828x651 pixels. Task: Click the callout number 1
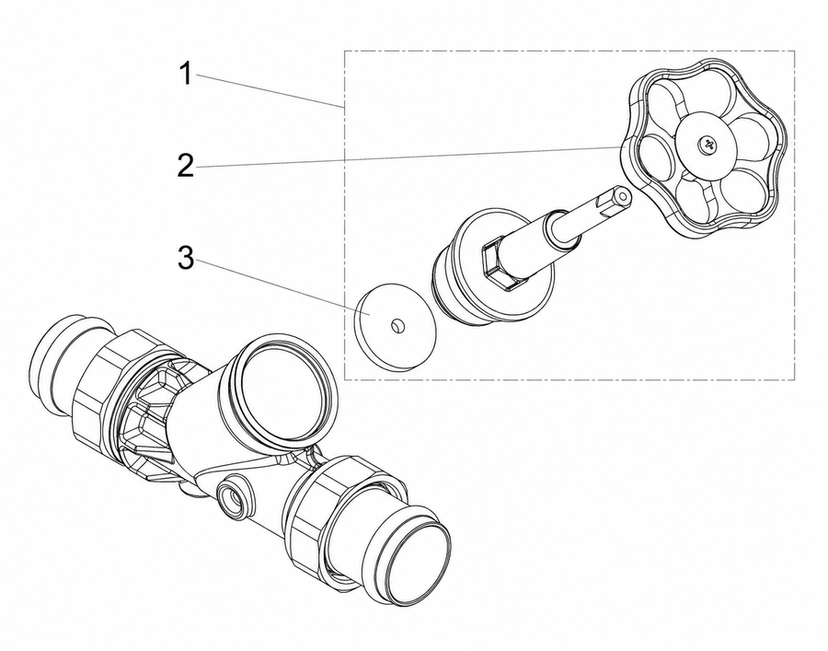coord(185,74)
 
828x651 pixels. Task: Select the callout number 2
coord(185,165)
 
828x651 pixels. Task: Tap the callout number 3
coord(185,259)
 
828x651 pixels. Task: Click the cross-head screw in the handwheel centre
coord(706,144)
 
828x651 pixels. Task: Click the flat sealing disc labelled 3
coord(396,328)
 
